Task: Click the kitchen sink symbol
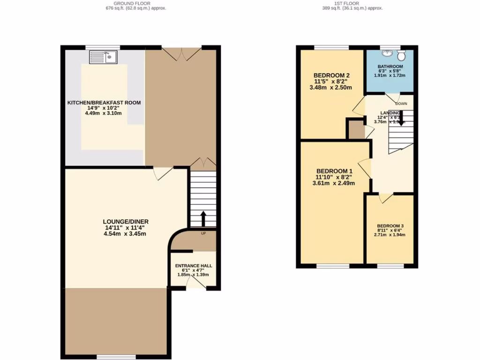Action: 103,57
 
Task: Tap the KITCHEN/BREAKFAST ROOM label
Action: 104,103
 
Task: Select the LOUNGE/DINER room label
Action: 126,221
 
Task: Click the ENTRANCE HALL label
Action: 193,265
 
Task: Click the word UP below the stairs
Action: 203,233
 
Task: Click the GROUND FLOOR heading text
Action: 135,3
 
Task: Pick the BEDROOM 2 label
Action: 331,75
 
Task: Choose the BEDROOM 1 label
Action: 334,171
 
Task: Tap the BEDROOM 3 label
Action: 390,225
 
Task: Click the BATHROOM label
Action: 390,67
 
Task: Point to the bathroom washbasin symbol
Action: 388,53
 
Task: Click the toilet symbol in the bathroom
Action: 404,54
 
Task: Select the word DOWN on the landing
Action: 401,103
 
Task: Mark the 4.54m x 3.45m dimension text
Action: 126,233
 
